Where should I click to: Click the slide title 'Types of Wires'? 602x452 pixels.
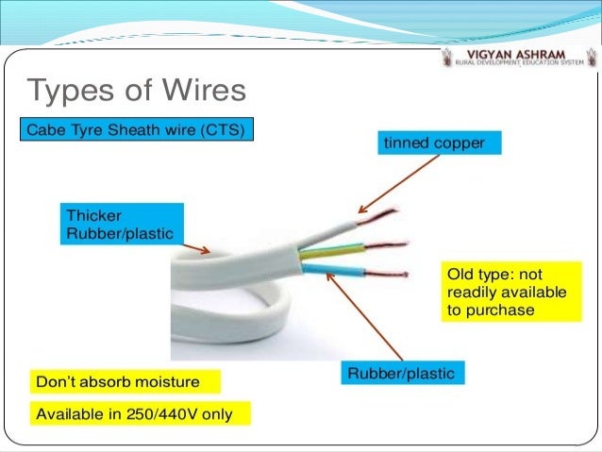coord(137,92)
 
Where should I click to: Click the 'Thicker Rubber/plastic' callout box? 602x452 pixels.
coord(120,224)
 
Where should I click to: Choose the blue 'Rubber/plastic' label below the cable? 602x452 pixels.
coord(401,374)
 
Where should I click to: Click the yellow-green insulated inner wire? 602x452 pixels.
coord(330,251)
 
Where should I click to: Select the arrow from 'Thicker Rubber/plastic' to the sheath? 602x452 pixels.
coord(197,247)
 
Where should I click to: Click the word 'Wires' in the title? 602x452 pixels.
coord(200,92)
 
